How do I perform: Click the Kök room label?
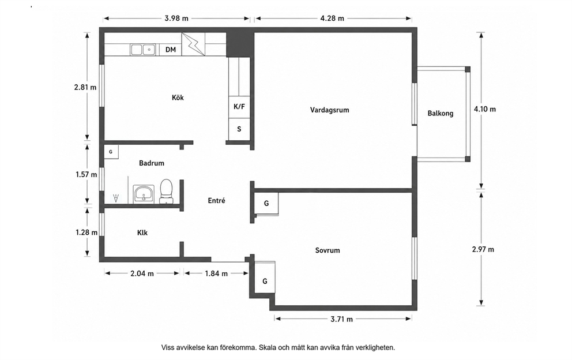[178, 97]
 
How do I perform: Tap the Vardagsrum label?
[329, 110]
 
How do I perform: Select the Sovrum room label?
[328, 250]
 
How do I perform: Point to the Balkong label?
[441, 114]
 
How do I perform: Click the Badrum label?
[152, 163]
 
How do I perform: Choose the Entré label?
[216, 200]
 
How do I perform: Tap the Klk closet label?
[142, 232]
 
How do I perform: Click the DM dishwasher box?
[170, 50]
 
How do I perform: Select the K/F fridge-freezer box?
[239, 107]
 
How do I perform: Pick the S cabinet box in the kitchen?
[239, 129]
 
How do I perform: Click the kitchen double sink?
[143, 49]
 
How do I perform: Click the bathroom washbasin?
[144, 194]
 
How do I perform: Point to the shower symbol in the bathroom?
[116, 198]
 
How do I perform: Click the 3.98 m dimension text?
[176, 18]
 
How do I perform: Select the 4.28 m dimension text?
[332, 18]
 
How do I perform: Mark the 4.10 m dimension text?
[485, 109]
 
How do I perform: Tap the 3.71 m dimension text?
[341, 319]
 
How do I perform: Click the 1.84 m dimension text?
[216, 273]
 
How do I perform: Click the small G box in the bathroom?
[111, 152]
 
